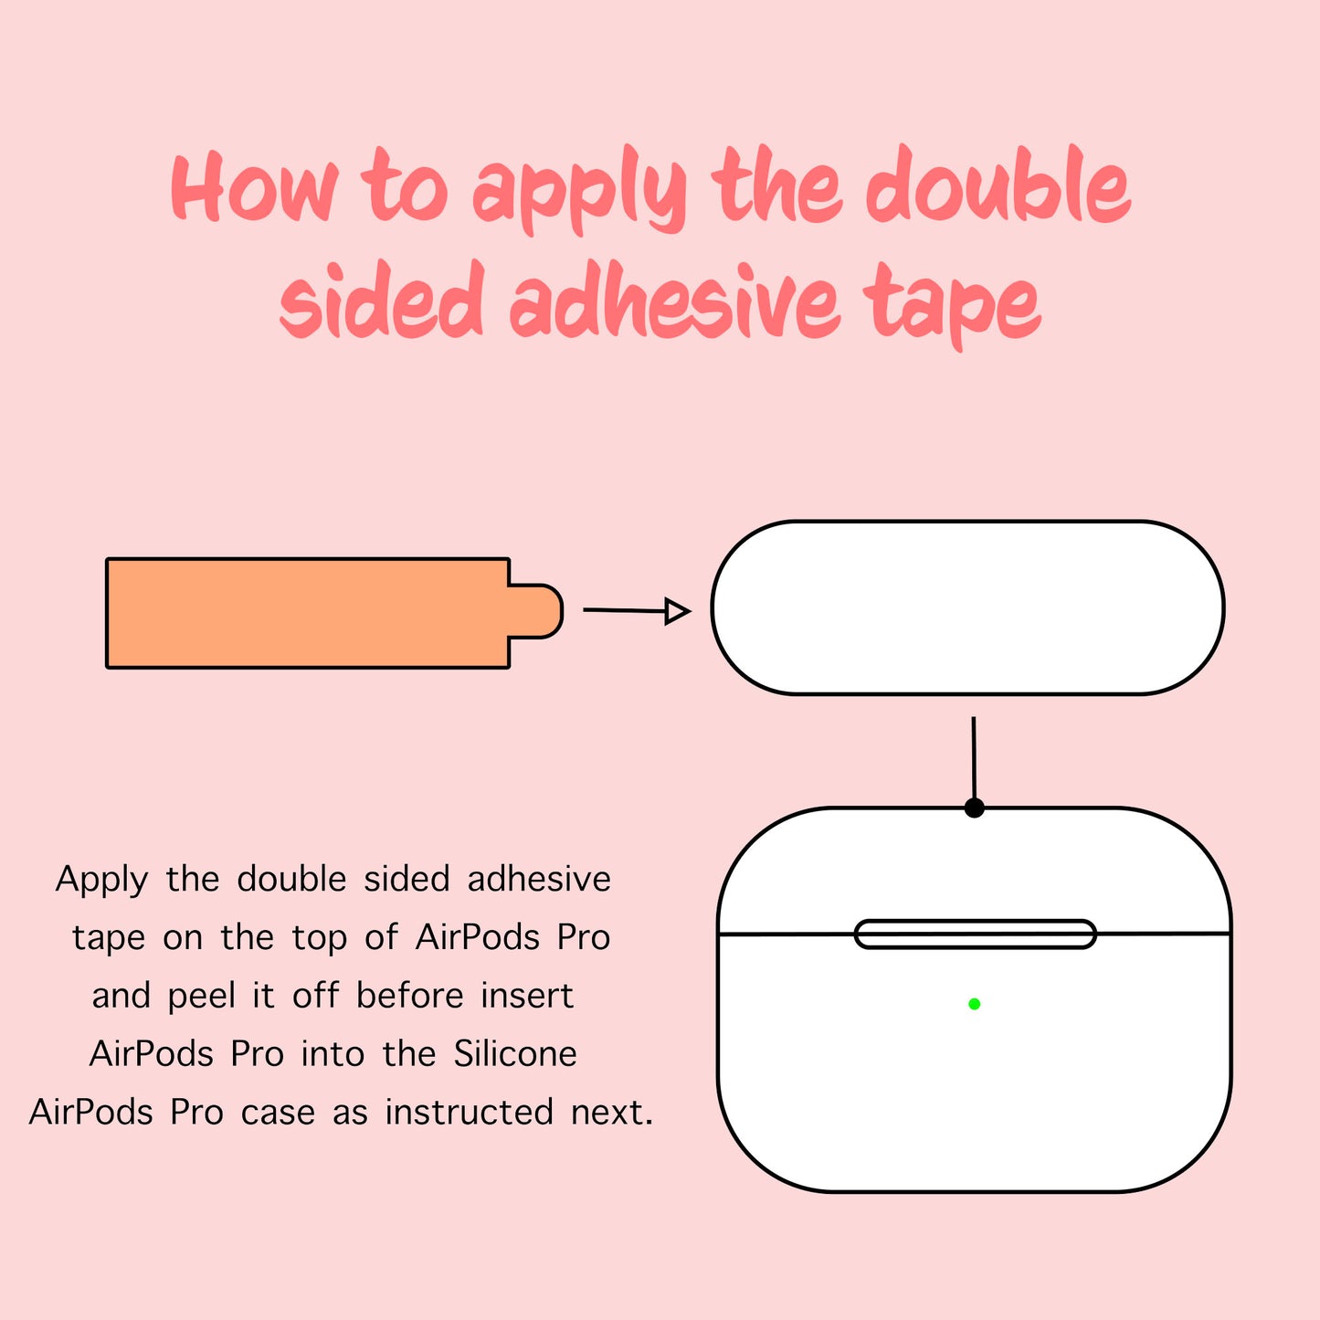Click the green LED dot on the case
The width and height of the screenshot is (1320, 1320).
point(974,1004)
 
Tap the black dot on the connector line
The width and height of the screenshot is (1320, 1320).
point(974,808)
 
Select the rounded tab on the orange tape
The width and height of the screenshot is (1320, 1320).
point(535,611)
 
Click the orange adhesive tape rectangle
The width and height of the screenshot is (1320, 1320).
point(308,613)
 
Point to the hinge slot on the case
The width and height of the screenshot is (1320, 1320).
point(976,935)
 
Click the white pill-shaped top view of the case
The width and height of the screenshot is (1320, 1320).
point(968,607)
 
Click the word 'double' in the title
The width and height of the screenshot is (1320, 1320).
point(998,185)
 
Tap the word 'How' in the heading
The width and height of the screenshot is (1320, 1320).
point(254,186)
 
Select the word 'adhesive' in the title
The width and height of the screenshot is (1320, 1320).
point(674,300)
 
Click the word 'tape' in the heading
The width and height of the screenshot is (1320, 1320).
point(952,305)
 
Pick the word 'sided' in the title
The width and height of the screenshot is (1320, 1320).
point(382,300)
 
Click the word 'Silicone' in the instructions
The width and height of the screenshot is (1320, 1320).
point(515,1054)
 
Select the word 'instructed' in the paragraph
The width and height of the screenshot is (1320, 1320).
point(470,1112)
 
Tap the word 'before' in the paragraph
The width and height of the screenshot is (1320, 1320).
point(409,996)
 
